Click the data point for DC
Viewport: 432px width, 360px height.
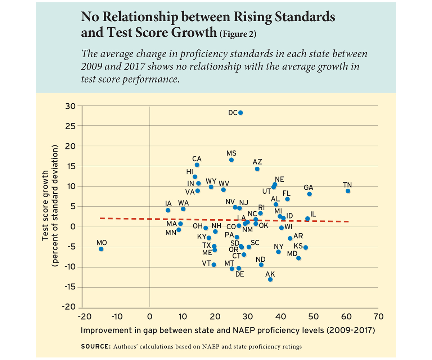tap(240, 113)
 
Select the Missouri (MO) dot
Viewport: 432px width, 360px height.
tap(101, 249)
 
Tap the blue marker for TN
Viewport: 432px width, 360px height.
tap(348, 191)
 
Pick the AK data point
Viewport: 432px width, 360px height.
tap(270, 279)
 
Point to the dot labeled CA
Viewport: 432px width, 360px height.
tap(197, 165)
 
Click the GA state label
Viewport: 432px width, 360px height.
tap(309, 188)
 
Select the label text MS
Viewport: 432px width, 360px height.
tap(231, 153)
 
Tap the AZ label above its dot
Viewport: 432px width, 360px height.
tap(257, 162)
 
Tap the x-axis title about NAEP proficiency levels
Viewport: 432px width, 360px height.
tap(228, 330)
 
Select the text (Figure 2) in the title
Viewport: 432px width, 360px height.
tap(238, 35)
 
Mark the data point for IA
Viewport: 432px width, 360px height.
tap(168, 210)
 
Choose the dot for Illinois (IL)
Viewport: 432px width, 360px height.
tap(307, 219)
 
